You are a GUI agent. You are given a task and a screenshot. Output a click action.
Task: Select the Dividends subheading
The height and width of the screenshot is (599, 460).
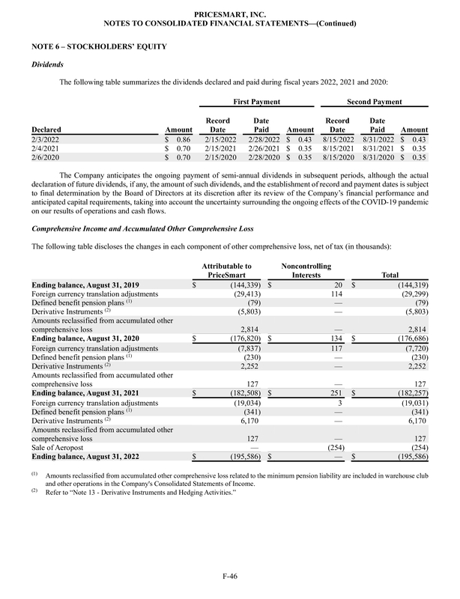point(46,65)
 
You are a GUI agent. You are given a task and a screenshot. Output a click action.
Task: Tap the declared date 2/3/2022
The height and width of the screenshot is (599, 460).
point(46,140)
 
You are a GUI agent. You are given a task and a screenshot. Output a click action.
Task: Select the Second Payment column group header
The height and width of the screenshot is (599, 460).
point(374,101)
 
